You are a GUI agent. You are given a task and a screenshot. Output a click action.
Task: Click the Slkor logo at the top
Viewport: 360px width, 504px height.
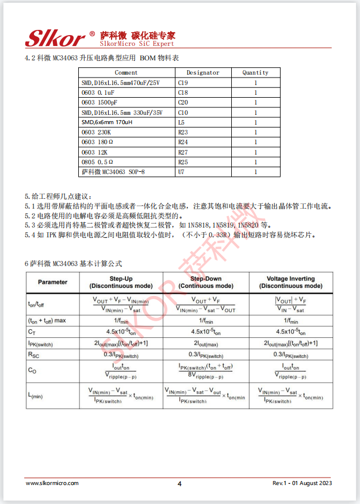[x=55, y=38]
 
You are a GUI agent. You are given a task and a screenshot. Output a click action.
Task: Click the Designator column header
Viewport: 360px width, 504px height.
[x=203, y=73]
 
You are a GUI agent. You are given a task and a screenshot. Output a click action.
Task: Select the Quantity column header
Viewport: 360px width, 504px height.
[x=255, y=73]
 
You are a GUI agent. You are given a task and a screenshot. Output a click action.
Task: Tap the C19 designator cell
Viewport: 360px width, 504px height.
[x=183, y=83]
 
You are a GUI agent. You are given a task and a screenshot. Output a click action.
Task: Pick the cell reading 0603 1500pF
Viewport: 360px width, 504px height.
[x=99, y=102]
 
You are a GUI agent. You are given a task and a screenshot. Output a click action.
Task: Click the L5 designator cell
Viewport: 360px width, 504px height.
[x=181, y=122]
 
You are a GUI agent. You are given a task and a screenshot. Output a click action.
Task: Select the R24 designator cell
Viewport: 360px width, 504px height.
[x=183, y=142]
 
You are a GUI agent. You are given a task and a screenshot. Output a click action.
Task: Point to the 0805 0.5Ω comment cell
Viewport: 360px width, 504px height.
[x=97, y=162]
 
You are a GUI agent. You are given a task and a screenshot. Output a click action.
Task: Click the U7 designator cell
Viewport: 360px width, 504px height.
[x=181, y=172]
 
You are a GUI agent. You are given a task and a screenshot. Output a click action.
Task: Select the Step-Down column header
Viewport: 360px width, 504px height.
[x=206, y=282]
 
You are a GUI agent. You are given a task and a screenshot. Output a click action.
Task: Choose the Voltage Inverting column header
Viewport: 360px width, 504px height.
[x=290, y=282]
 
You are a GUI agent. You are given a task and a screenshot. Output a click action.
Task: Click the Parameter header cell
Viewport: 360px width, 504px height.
[x=52, y=282]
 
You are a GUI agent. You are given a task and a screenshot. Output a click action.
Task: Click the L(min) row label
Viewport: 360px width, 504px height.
[x=35, y=395]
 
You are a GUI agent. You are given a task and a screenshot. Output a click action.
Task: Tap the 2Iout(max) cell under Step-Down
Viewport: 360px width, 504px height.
[x=206, y=343]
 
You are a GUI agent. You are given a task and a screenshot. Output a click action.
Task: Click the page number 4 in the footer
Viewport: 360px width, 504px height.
[x=179, y=483]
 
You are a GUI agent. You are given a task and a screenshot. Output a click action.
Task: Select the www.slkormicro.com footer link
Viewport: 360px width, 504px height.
[x=52, y=483]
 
